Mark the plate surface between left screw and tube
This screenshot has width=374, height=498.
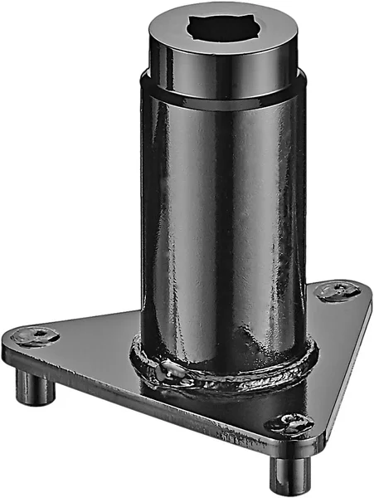coord(91,340)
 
